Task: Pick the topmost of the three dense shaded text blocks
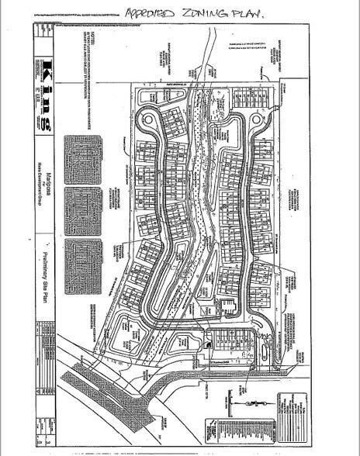point(85,161)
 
